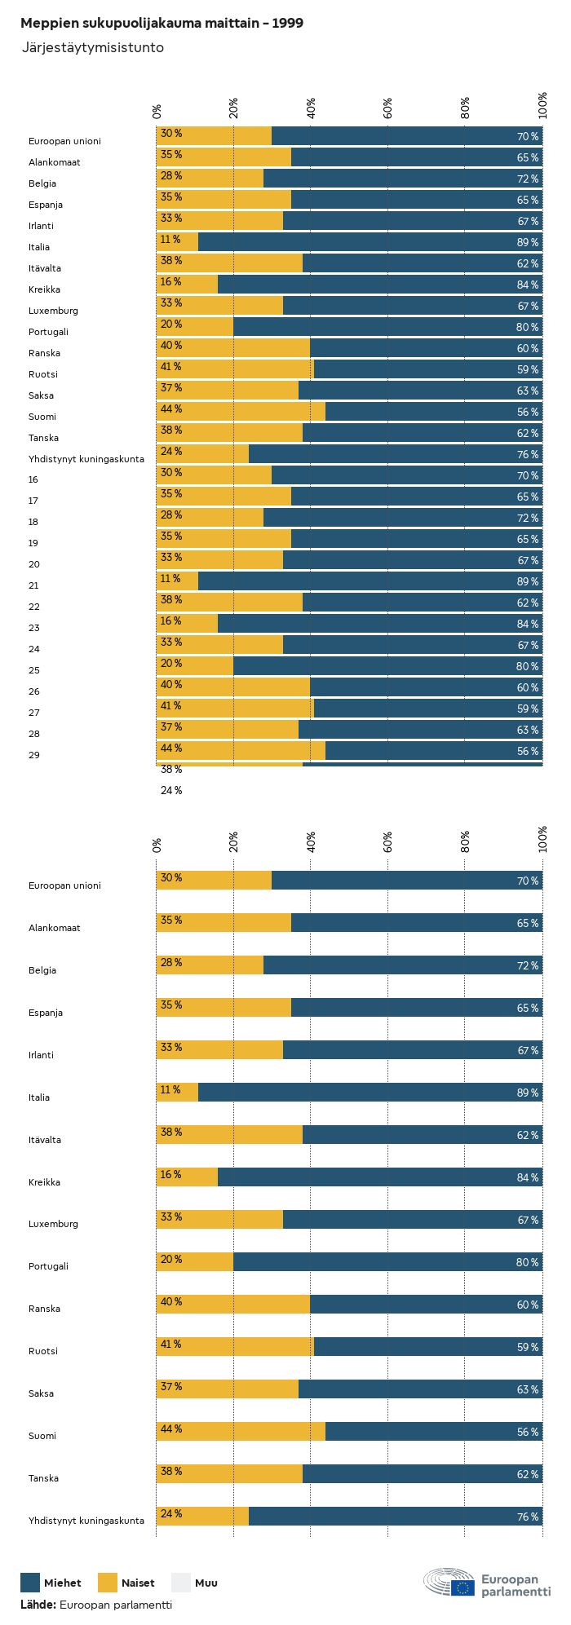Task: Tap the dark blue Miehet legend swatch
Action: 30,1583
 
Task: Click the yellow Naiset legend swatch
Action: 108,1583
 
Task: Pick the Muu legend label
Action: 206,1583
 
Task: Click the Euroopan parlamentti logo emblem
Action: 449,1583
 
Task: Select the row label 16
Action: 33,479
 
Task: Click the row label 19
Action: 33,543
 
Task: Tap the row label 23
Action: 33,628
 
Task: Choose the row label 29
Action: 33,755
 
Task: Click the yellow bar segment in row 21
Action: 177,581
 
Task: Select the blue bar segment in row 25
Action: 387,665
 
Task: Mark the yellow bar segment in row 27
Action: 235,708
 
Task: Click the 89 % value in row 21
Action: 528,581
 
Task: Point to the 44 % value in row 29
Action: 171,748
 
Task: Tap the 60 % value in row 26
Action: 528,687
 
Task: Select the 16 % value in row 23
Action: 171,621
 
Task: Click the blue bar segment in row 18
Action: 403,517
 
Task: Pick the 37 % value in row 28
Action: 171,727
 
